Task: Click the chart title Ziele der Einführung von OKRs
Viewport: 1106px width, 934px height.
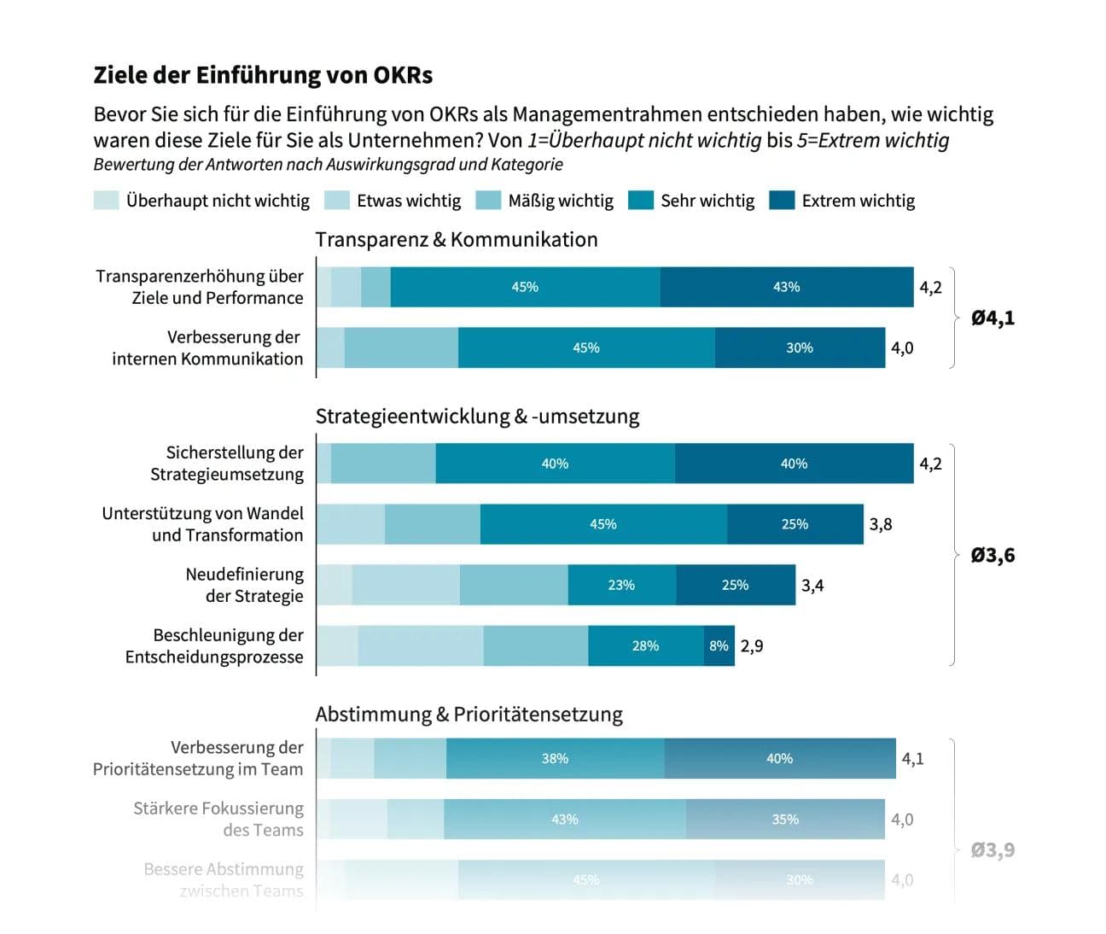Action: click(x=263, y=75)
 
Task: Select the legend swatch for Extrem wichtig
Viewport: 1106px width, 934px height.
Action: click(x=782, y=201)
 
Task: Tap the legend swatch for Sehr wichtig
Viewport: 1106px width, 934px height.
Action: click(x=640, y=201)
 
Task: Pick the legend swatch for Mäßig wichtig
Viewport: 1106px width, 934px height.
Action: click(x=487, y=201)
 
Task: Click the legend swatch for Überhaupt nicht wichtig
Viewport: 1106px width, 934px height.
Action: click(x=106, y=201)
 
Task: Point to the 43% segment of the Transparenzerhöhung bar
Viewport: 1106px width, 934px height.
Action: click(x=786, y=287)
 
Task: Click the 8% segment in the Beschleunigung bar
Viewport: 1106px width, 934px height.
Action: click(x=719, y=646)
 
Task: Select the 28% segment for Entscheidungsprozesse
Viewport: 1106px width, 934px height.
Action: click(x=645, y=646)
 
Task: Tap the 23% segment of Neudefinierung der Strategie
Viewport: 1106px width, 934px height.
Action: click(x=621, y=585)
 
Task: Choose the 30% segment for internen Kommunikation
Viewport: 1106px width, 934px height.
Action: click(x=800, y=347)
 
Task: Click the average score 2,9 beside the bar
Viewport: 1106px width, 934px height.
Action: click(x=752, y=646)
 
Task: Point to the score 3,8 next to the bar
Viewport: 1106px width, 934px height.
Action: click(x=881, y=524)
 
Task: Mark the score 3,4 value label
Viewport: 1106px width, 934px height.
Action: click(x=812, y=586)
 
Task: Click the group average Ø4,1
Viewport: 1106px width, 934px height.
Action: click(x=992, y=318)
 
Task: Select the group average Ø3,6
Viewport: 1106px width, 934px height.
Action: click(x=992, y=556)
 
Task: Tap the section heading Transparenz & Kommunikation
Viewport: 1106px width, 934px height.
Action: click(x=457, y=240)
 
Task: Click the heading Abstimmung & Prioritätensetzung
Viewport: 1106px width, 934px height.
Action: click(x=469, y=715)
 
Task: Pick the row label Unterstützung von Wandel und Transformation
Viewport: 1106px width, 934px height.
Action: click(x=202, y=524)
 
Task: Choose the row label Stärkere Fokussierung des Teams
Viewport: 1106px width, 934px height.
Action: click(x=218, y=819)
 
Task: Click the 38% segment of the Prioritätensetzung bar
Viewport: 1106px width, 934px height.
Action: click(x=555, y=758)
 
